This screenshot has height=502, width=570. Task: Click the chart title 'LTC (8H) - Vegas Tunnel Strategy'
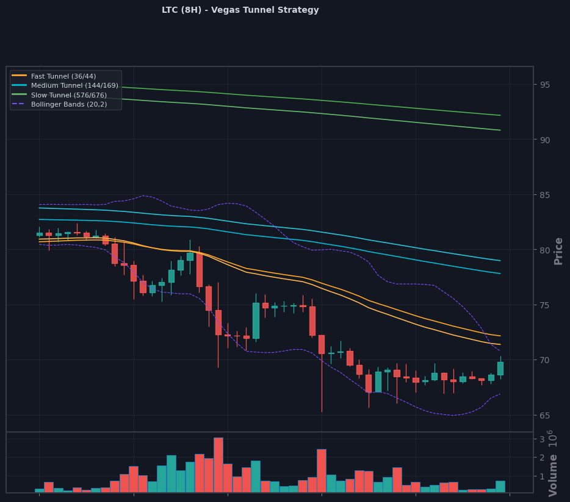click(240, 10)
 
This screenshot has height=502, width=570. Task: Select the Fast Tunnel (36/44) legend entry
click(54, 76)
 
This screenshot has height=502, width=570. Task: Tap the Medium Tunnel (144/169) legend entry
click(65, 85)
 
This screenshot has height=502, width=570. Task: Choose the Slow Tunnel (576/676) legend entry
click(59, 95)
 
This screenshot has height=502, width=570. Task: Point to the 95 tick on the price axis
click(544, 85)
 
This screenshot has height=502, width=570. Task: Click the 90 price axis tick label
click(544, 140)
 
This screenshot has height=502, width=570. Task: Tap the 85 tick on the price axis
click(544, 196)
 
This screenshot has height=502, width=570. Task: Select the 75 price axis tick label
click(544, 305)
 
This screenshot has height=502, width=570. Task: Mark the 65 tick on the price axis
click(544, 415)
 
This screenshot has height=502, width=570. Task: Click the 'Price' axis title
click(558, 251)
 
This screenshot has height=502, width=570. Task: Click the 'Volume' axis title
click(553, 475)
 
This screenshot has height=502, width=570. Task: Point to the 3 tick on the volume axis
click(542, 440)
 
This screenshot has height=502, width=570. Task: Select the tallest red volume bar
click(218, 465)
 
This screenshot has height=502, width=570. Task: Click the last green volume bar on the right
click(500, 486)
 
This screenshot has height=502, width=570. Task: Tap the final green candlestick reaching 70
click(500, 369)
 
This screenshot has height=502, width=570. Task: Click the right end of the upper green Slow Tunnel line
click(500, 115)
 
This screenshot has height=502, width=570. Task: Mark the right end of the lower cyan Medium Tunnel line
click(500, 274)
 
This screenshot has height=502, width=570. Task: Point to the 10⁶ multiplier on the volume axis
click(551, 439)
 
